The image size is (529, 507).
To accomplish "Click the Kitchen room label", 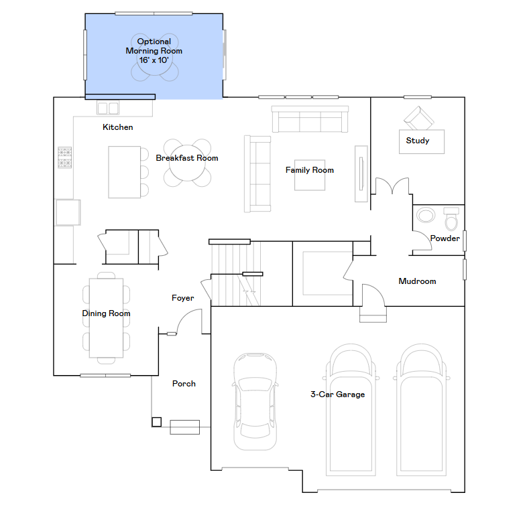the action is (x=118, y=127).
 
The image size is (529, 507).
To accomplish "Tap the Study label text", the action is (x=418, y=141).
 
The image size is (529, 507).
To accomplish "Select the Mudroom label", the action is (x=417, y=281).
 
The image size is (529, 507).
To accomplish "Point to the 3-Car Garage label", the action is (x=338, y=394).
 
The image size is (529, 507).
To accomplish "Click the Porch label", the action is (x=184, y=384).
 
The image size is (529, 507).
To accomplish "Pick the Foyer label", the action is (x=183, y=298).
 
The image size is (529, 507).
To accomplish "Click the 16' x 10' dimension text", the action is (x=154, y=60).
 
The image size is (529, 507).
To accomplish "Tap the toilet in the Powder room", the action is (x=451, y=219).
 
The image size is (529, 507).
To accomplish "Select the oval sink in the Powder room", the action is (x=426, y=215).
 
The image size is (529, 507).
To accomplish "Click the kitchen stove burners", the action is (x=65, y=157).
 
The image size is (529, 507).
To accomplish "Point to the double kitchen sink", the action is (x=108, y=108).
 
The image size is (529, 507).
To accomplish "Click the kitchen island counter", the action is (x=125, y=172).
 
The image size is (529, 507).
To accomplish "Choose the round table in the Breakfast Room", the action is (x=187, y=163).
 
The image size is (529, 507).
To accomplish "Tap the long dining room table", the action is (x=106, y=318).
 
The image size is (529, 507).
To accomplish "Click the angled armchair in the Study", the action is (x=418, y=119).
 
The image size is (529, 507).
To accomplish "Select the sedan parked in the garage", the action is (x=255, y=401).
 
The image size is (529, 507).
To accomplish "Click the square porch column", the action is (x=156, y=422).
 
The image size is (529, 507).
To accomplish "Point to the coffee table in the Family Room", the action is (x=310, y=175).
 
